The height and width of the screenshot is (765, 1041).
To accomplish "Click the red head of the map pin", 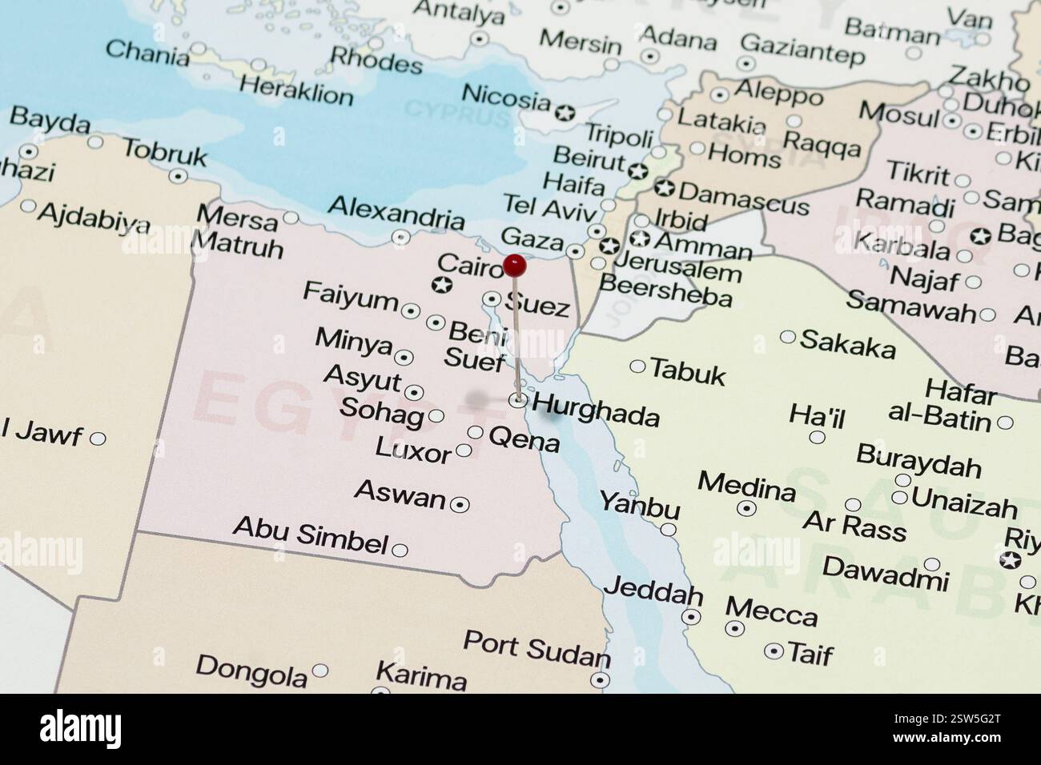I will [514, 266].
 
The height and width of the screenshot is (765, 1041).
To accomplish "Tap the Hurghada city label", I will [595, 411].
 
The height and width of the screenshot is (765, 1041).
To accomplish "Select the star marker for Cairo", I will [441, 284].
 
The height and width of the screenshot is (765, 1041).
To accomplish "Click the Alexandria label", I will [396, 211].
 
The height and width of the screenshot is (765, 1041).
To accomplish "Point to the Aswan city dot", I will [460, 504].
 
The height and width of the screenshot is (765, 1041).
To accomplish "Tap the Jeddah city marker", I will [691, 617].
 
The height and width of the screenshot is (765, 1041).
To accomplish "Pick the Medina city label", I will [746, 487].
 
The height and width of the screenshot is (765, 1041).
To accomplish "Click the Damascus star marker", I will [664, 189].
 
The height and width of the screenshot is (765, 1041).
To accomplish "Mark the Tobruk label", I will [165, 152].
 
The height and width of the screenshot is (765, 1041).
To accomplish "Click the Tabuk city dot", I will [637, 366].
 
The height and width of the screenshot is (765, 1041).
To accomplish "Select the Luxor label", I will [413, 450].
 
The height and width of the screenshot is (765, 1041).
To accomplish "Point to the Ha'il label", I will [816, 416].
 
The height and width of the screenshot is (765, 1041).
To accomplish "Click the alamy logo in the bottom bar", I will [81, 728].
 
